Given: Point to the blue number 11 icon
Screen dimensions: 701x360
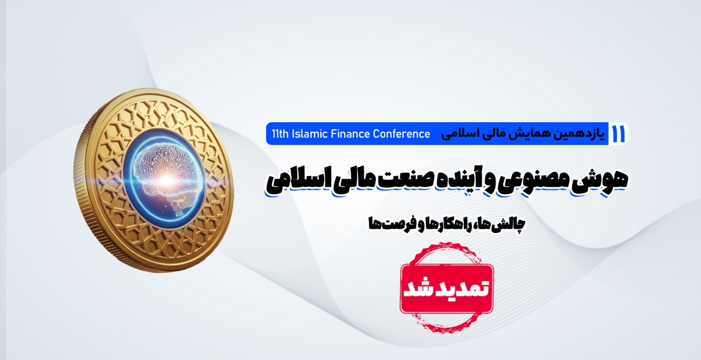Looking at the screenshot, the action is (x=619, y=134).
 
